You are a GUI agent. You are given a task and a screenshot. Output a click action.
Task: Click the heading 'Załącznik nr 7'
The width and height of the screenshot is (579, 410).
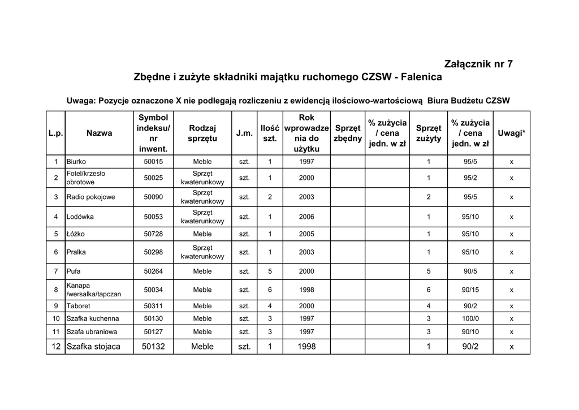[x=479, y=64]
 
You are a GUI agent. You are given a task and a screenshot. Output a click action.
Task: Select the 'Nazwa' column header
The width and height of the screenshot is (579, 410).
[x=99, y=133]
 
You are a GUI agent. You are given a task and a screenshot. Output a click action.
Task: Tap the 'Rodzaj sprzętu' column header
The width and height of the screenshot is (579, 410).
[x=202, y=133]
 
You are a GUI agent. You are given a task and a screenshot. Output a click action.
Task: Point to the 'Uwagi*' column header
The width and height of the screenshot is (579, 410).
[x=511, y=133]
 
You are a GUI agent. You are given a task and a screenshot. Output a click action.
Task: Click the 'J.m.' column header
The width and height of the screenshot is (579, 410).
[x=244, y=133]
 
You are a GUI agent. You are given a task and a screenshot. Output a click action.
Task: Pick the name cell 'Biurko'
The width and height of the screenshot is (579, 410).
[x=76, y=162]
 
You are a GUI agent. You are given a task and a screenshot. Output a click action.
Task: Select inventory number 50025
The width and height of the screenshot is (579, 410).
[x=153, y=178]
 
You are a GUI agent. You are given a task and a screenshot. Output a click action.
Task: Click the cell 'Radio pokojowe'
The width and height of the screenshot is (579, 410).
[x=90, y=197]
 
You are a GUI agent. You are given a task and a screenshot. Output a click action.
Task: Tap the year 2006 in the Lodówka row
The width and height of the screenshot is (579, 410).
[x=306, y=217]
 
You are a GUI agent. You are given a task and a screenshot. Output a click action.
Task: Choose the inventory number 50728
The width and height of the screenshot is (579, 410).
[x=153, y=234]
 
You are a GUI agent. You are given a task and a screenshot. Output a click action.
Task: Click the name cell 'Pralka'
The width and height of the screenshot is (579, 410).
[x=76, y=252]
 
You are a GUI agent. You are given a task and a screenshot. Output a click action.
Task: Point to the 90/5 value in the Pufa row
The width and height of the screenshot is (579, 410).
[x=470, y=271]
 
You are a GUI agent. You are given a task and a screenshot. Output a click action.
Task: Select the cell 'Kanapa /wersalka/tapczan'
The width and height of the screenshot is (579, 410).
[x=93, y=290]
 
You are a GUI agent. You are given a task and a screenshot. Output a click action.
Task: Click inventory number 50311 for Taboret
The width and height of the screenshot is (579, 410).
[x=153, y=306]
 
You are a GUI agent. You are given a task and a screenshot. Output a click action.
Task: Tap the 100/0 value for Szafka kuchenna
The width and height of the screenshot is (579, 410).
[x=470, y=318]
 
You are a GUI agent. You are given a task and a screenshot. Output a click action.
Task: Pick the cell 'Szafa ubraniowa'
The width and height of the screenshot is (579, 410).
[x=92, y=331]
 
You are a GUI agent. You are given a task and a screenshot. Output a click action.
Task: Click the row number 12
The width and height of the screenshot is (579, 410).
[x=56, y=346]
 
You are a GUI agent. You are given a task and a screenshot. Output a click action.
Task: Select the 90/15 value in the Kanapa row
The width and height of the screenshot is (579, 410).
[x=470, y=290]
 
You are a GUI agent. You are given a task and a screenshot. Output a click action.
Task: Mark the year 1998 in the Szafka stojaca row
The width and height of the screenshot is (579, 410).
[x=306, y=346]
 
